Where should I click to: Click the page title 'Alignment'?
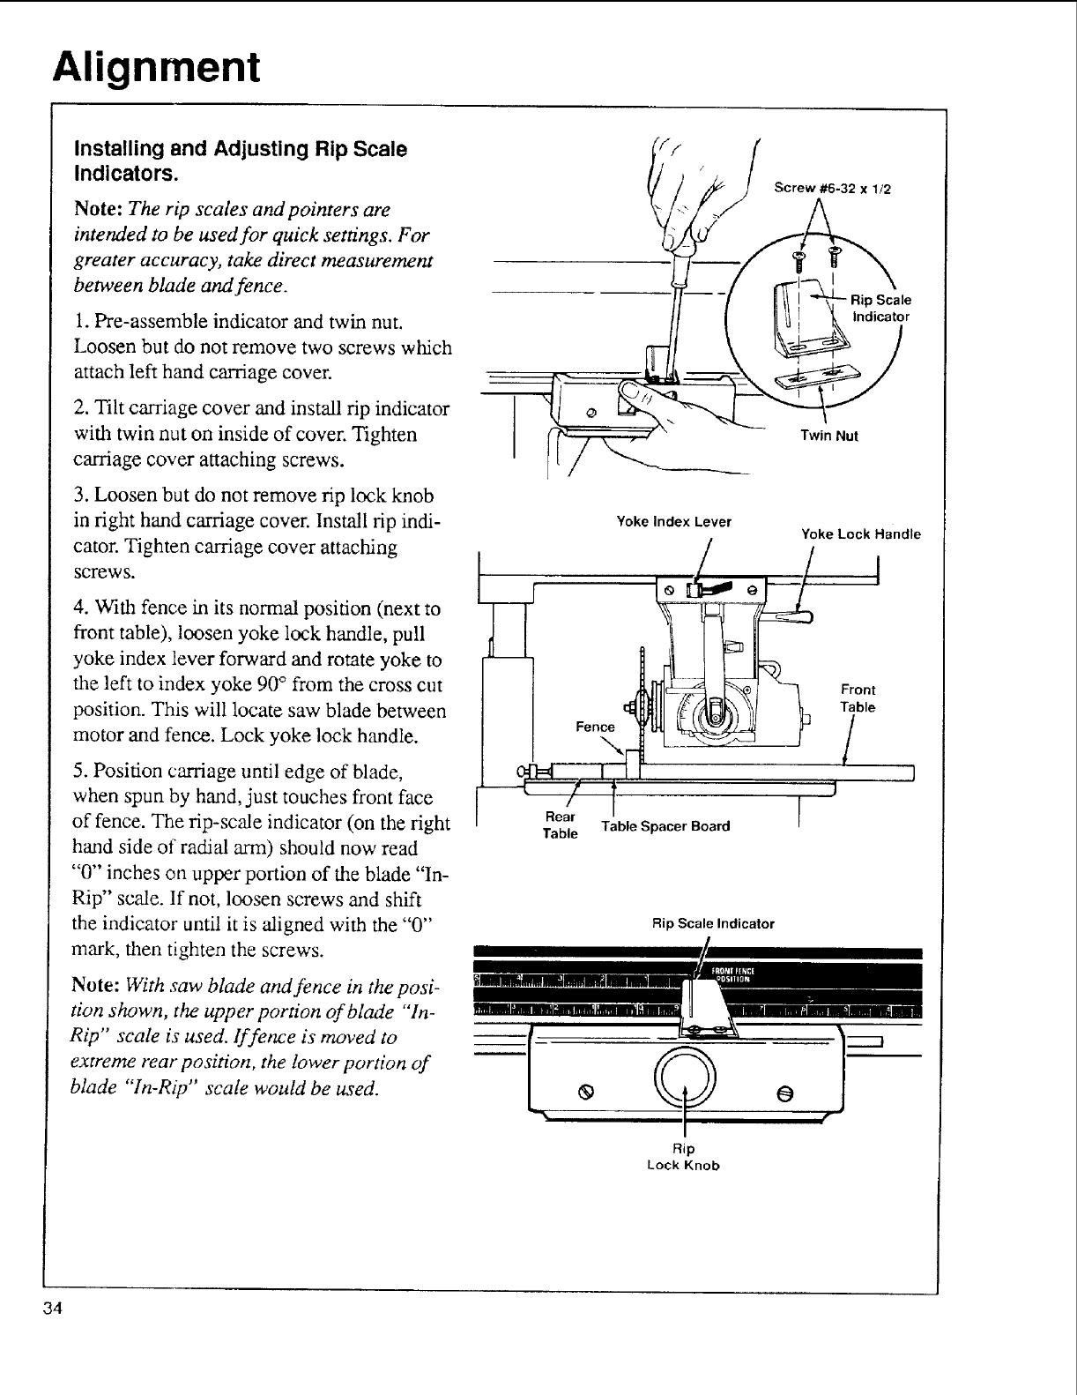click(x=156, y=67)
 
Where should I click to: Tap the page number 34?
click(x=50, y=1309)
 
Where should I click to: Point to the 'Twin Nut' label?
click(x=829, y=436)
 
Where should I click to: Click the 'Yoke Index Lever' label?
click(x=674, y=521)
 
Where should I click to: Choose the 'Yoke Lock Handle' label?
click(x=860, y=533)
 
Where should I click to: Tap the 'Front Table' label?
click(x=858, y=698)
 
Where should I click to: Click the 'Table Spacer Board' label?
click(x=665, y=826)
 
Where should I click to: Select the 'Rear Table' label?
click(x=561, y=824)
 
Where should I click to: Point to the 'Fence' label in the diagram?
click(x=595, y=727)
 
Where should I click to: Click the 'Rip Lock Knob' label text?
click(x=684, y=1157)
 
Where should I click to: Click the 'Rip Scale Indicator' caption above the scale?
click(x=712, y=924)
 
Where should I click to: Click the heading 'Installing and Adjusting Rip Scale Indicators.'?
click(x=240, y=159)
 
